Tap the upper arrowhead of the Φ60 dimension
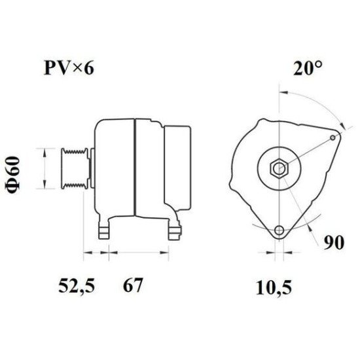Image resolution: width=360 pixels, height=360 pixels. [x=44, y=151]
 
